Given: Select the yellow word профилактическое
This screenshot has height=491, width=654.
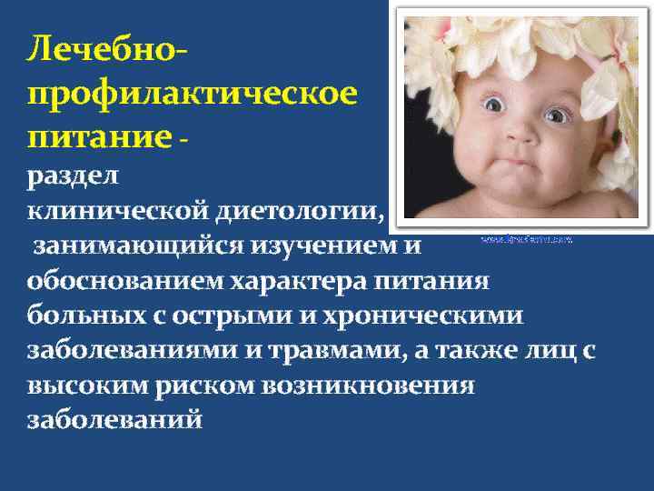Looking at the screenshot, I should coord(192,94).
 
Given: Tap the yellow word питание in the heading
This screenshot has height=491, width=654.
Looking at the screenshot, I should coord(99,137).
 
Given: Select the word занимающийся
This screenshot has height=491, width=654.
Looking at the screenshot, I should coord(137,246).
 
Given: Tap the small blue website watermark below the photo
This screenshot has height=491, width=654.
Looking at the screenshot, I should coord(526,240).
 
